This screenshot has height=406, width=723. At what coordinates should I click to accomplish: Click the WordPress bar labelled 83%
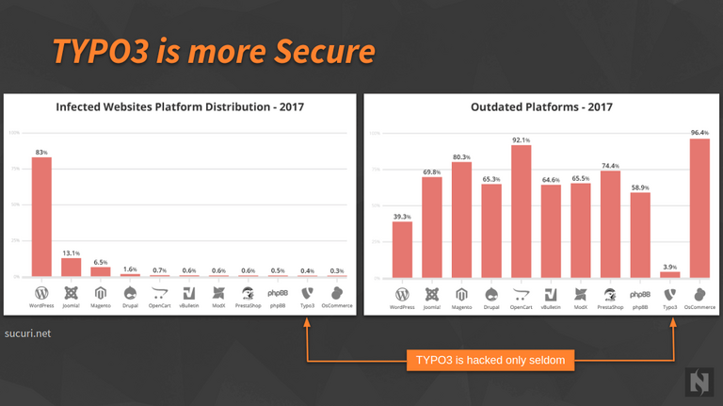41,217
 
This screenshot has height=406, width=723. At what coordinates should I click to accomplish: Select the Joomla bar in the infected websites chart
71,267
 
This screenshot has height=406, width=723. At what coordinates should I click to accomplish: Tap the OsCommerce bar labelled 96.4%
699,208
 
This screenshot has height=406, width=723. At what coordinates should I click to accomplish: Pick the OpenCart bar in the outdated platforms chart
521,211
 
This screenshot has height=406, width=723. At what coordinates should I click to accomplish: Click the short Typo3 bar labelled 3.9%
669,274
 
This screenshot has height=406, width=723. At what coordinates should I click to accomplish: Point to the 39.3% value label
402,216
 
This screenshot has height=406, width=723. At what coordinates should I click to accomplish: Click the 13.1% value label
71,252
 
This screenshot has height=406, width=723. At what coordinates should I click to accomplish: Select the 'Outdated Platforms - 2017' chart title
541,107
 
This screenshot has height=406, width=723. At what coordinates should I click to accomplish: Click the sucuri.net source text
27,333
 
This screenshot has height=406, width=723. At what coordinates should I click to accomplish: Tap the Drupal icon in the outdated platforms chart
490,293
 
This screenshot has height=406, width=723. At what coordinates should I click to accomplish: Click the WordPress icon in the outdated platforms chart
402,293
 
